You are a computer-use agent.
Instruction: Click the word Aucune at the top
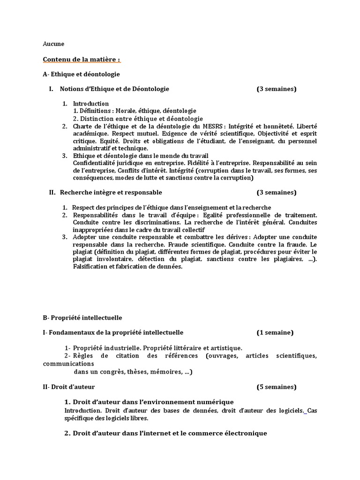tap(53, 44)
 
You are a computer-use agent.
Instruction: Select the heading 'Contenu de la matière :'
tap(82, 60)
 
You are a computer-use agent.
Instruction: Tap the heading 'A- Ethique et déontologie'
tap(81, 74)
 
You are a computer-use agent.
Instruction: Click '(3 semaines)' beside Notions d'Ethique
tap(276, 89)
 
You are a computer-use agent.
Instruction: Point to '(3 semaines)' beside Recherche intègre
tap(276, 192)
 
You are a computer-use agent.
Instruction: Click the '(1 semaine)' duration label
tap(275, 332)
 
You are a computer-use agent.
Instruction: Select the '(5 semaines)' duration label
tap(276, 387)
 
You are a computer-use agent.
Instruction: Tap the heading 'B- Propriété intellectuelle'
tap(82, 317)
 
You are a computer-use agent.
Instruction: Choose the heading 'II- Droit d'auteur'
tap(68, 387)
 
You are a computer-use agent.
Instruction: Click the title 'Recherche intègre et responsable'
tap(111, 192)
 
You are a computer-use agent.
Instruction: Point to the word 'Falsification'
tap(90, 267)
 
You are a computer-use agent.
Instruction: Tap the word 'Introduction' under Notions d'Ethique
tap(91, 104)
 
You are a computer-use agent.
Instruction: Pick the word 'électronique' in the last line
tap(245, 433)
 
